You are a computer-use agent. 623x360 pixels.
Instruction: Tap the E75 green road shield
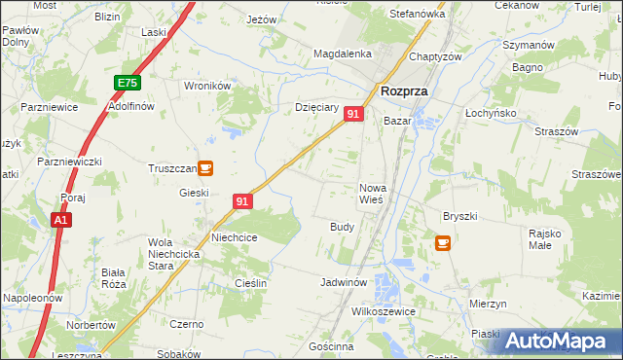[x=127, y=84]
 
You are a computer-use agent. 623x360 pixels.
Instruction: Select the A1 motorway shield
[x=60, y=221]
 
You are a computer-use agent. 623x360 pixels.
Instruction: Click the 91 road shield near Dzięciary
[x=353, y=114]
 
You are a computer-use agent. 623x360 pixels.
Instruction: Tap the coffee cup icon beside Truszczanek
[x=205, y=167]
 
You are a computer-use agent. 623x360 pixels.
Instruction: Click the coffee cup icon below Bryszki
[x=443, y=242]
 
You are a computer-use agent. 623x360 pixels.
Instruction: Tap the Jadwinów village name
[x=343, y=282]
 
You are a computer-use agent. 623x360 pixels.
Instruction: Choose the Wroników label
[x=207, y=86]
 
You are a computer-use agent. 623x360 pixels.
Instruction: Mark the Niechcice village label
[x=234, y=236]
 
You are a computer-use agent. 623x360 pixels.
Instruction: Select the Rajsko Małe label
[x=545, y=238]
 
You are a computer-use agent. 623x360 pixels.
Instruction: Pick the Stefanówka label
[x=417, y=15]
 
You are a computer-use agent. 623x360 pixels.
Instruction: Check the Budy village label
[x=342, y=226]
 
